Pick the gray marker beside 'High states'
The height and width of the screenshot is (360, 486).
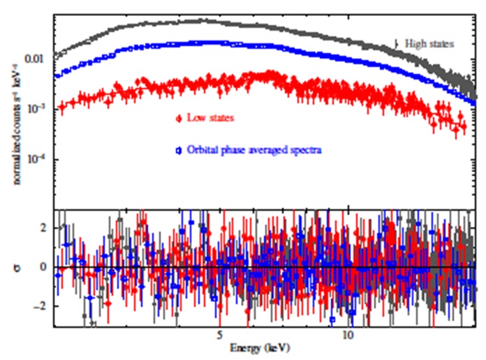point(397,44)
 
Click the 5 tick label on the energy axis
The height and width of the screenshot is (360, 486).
point(219,336)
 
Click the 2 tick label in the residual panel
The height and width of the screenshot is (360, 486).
point(43,227)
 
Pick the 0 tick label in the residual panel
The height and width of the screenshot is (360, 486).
point(43,267)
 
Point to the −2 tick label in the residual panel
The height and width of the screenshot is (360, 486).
point(40,306)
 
